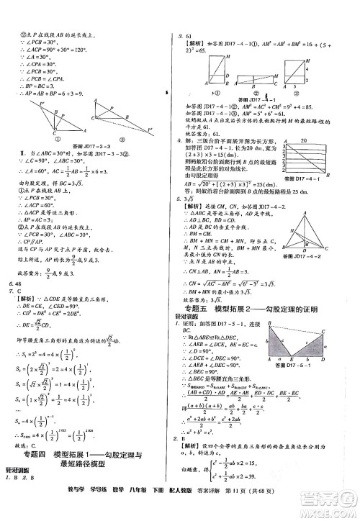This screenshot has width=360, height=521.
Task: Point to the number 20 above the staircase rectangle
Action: [308, 141]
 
